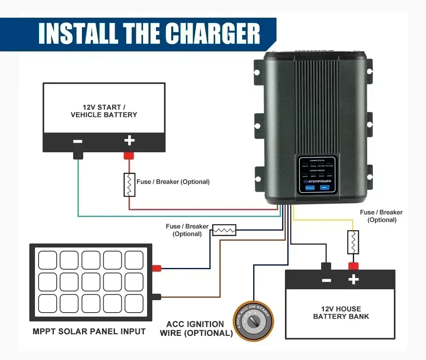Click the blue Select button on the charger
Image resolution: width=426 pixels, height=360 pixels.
click(x=324, y=188)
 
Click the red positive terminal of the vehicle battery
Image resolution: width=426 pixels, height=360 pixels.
click(x=129, y=155)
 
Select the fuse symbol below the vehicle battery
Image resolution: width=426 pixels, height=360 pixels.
click(x=129, y=185)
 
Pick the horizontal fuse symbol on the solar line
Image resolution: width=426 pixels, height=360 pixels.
click(x=224, y=230)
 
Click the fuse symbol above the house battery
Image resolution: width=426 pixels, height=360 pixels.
click(x=353, y=242)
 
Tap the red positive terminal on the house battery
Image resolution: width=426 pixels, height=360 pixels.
click(x=353, y=266)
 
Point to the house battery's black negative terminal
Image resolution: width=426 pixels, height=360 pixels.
click(x=326, y=266)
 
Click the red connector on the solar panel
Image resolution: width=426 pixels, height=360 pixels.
click(x=156, y=268)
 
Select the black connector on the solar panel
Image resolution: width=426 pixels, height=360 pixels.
click(x=156, y=297)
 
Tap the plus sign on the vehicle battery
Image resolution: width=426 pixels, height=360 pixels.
click(x=129, y=141)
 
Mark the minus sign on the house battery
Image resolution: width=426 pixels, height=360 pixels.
click(x=326, y=280)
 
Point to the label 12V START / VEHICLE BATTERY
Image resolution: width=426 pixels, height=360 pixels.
click(x=104, y=111)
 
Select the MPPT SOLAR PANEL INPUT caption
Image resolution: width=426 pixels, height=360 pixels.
click(x=89, y=331)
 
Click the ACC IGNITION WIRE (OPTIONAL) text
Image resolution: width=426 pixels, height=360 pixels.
click(x=196, y=329)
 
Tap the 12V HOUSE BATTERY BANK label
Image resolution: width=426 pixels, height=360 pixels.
click(x=341, y=313)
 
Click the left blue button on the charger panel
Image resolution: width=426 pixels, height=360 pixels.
click(x=310, y=188)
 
